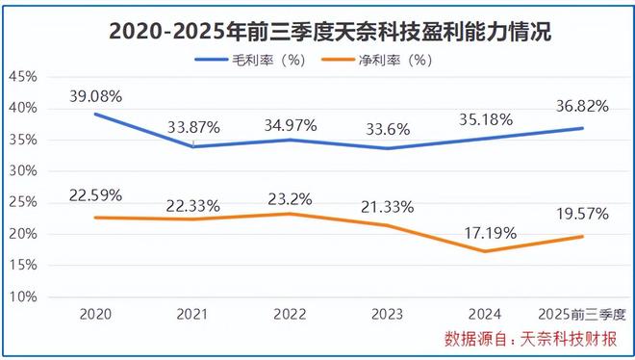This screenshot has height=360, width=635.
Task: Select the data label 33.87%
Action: tap(192, 125)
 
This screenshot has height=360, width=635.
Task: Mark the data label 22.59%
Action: tap(95, 195)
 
